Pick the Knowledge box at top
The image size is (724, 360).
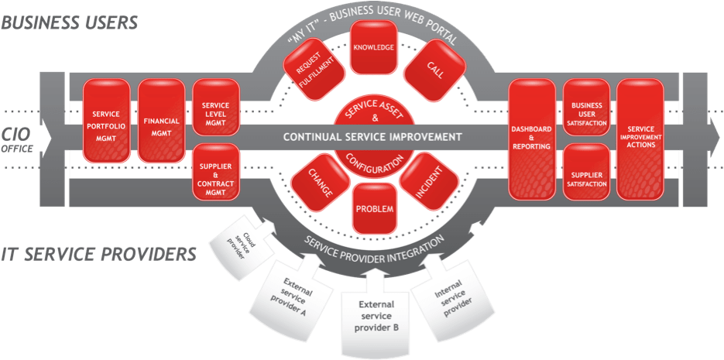pyautogui.click(x=374, y=47)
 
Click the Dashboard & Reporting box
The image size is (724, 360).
pyautogui.click(x=531, y=137)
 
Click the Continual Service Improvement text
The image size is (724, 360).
pyautogui.click(x=372, y=137)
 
